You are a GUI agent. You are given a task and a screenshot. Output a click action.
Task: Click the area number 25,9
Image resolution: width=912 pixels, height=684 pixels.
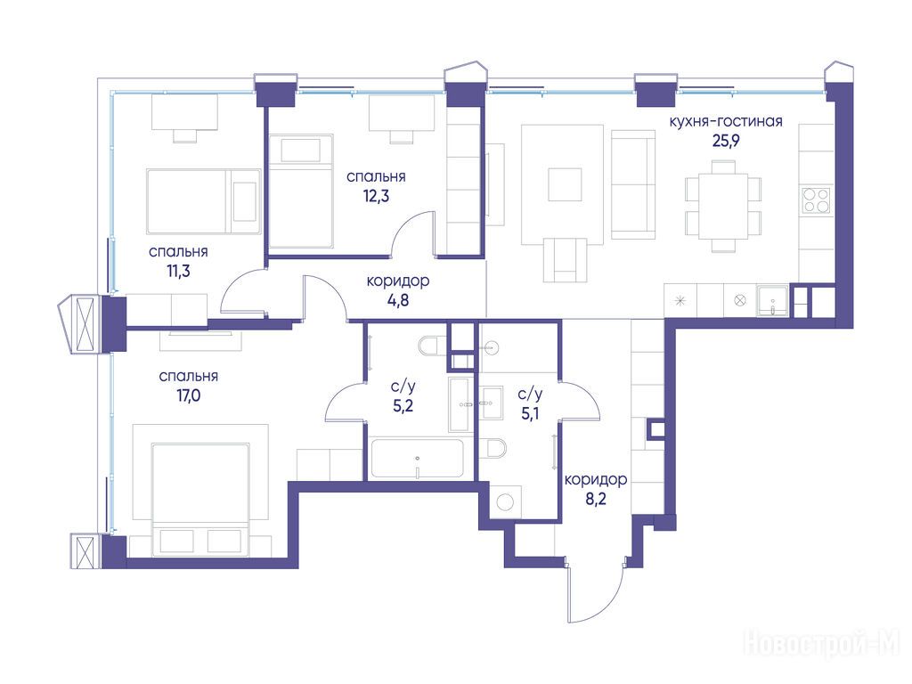[725, 141]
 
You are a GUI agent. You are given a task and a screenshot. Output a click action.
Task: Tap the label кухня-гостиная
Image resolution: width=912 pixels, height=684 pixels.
[725, 121]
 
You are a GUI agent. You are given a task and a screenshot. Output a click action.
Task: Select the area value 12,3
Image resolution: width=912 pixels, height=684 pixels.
[376, 196]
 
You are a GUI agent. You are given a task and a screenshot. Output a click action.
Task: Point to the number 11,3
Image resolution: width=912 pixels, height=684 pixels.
[178, 271]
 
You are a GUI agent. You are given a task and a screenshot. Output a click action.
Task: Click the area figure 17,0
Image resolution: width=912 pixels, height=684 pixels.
[189, 395]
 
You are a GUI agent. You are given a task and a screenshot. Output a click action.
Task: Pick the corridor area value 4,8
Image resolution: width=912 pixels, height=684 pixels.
[398, 300]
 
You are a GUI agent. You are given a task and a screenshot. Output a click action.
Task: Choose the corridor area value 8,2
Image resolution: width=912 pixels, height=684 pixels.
[596, 499]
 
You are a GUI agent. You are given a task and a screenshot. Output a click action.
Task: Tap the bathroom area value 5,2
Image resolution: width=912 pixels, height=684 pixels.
[403, 405]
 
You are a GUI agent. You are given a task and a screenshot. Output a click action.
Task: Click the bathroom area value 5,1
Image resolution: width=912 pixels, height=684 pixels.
[529, 413]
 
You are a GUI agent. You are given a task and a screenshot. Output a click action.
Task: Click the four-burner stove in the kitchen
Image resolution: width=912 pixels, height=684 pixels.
[816, 200]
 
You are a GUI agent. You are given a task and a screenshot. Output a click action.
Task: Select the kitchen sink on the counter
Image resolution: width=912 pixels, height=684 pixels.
[772, 302]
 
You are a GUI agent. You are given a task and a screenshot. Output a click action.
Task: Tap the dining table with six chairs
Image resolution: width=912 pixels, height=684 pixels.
[723, 206]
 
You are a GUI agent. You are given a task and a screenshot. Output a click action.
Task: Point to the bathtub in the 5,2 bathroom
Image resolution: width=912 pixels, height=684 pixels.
[417, 459]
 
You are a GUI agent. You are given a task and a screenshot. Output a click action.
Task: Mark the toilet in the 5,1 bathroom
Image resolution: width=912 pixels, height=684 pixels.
[493, 448]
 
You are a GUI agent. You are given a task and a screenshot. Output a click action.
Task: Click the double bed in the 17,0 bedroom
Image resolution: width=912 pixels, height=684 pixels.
[200, 500]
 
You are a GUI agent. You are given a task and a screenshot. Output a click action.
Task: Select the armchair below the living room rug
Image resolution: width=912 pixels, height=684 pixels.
[564, 260]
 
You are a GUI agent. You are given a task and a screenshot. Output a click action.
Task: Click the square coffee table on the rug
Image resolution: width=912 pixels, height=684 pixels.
[565, 184]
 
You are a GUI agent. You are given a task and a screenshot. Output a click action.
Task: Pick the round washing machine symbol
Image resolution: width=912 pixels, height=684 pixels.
[506, 502]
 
